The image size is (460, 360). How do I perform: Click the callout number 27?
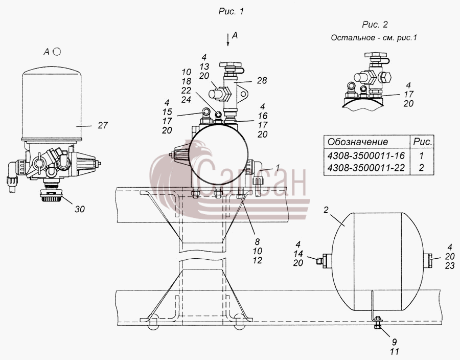(x=103, y=126)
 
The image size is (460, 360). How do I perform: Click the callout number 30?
(x=80, y=209)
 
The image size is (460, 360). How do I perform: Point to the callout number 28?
(x=262, y=80)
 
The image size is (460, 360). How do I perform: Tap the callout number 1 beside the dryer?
(x=277, y=168)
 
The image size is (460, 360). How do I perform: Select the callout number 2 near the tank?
(x=326, y=210)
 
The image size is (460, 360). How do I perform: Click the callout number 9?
(x=395, y=342)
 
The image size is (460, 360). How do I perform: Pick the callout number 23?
(x=450, y=266)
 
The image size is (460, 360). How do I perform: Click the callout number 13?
(x=204, y=66)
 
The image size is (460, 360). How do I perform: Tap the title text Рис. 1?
(x=231, y=11)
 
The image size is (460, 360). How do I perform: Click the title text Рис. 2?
(x=375, y=25)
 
